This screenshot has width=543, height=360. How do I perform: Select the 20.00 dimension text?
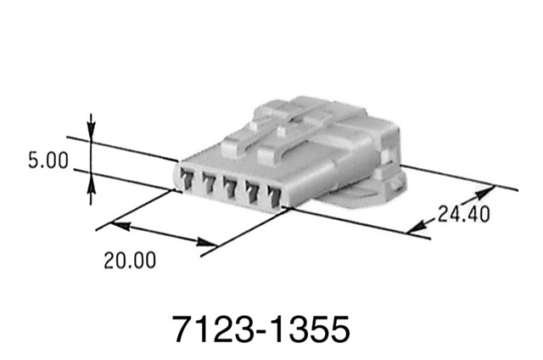click(130, 261)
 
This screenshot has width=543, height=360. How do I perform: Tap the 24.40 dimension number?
click(464, 214)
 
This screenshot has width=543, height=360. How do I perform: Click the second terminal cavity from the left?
click(209, 183)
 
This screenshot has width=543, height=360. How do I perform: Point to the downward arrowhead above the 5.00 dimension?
click(92, 131)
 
